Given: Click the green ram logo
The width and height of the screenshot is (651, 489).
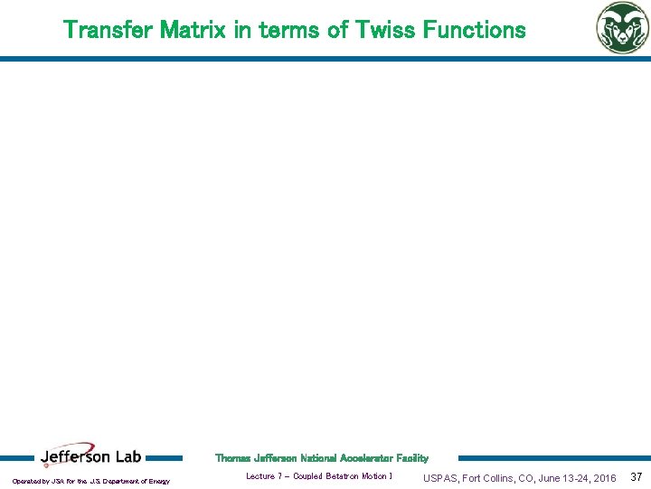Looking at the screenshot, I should click(621, 27).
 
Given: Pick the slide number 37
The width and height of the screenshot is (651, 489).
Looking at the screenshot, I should click(636, 477).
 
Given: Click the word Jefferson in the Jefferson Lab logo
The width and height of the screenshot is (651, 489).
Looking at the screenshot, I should click(77, 457).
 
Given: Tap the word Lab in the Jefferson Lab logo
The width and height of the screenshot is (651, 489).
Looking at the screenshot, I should click(127, 457).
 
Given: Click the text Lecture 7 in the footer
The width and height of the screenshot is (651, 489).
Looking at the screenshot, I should click(265, 476).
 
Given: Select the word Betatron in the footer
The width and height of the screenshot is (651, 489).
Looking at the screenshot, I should click(343, 476).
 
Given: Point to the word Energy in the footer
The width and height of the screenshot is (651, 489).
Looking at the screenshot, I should click(158, 481).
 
